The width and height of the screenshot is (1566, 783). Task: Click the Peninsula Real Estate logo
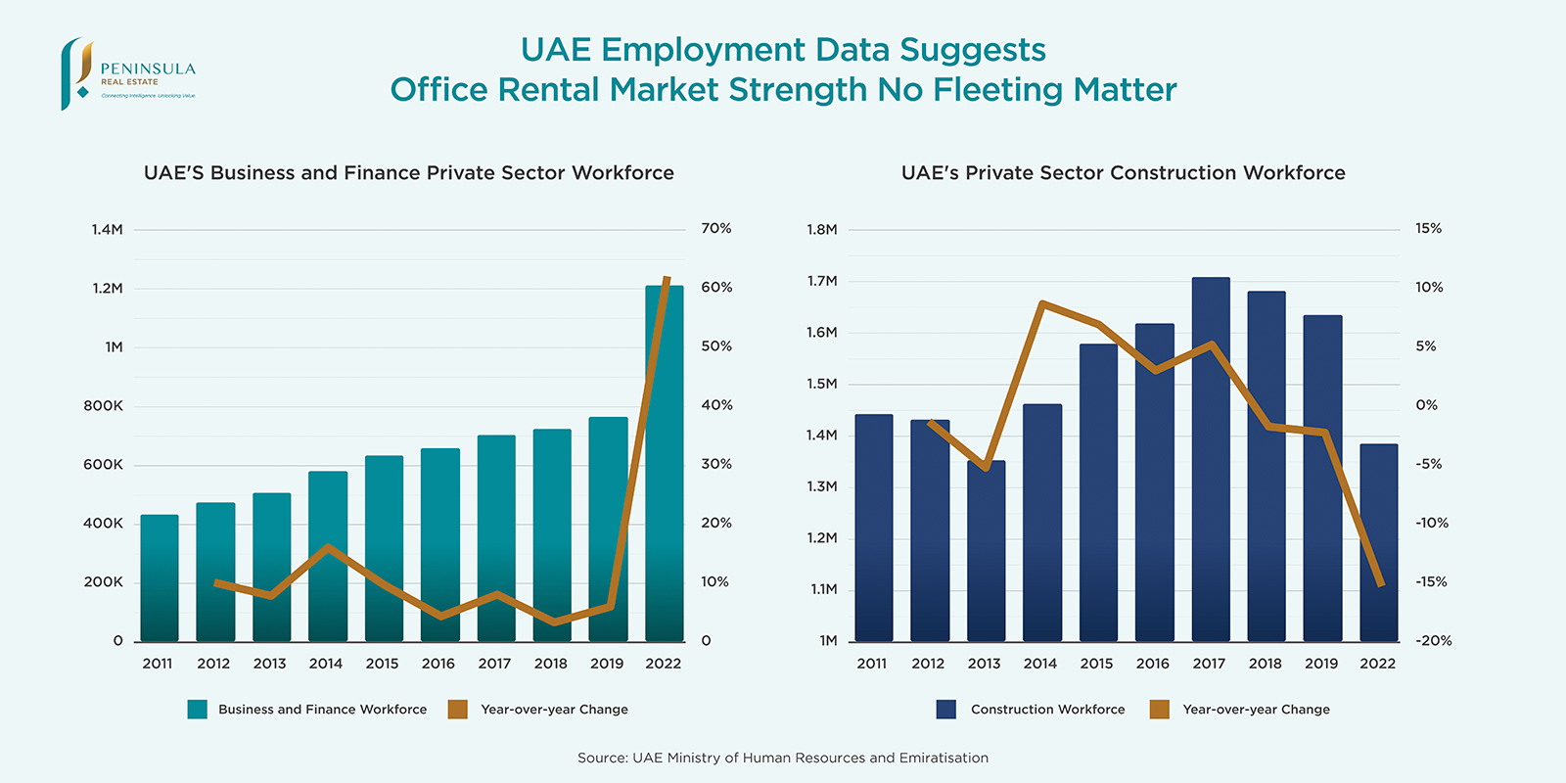pyautogui.click(x=127, y=74)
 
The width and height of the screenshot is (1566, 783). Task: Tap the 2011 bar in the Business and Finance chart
pyautogui.click(x=160, y=577)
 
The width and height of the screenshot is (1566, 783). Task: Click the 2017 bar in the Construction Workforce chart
pyautogui.click(x=1211, y=460)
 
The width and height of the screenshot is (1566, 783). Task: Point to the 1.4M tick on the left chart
pyautogui.click(x=107, y=230)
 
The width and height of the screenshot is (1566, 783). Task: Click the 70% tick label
pyautogui.click(x=716, y=228)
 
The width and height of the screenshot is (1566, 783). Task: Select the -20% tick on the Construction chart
pyautogui.click(x=1433, y=640)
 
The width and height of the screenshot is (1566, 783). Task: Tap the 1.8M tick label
pyautogui.click(x=822, y=230)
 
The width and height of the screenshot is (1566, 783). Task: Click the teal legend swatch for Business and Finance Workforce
pyautogui.click(x=197, y=710)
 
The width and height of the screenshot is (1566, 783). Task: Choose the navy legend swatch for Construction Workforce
pyautogui.click(x=945, y=710)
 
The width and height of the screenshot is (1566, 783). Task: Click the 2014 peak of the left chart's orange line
pyautogui.click(x=328, y=547)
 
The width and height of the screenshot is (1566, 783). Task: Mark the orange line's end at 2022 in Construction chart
pyautogui.click(x=1381, y=584)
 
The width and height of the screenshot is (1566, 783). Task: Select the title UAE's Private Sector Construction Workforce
pyautogui.click(x=1123, y=173)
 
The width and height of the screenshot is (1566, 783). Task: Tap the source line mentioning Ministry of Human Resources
pyautogui.click(x=783, y=758)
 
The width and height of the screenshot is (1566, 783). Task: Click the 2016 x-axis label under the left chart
pyautogui.click(x=438, y=664)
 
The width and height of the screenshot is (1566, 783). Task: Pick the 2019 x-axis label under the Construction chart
pyautogui.click(x=1321, y=664)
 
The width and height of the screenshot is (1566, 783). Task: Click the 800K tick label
pyautogui.click(x=103, y=406)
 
